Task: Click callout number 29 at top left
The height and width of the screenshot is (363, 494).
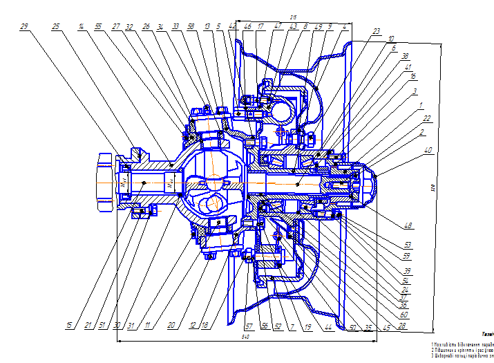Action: pos(24,26)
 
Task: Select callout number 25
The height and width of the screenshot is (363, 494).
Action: pos(56,26)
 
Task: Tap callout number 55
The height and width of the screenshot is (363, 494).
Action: pos(98,26)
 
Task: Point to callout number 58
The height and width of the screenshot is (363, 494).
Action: pos(189,26)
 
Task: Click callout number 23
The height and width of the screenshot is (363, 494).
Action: pos(376,31)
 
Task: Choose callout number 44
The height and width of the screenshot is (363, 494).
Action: pos(329,325)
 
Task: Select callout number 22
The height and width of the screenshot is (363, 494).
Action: pos(428,118)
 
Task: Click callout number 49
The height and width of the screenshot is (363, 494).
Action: pos(318,26)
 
